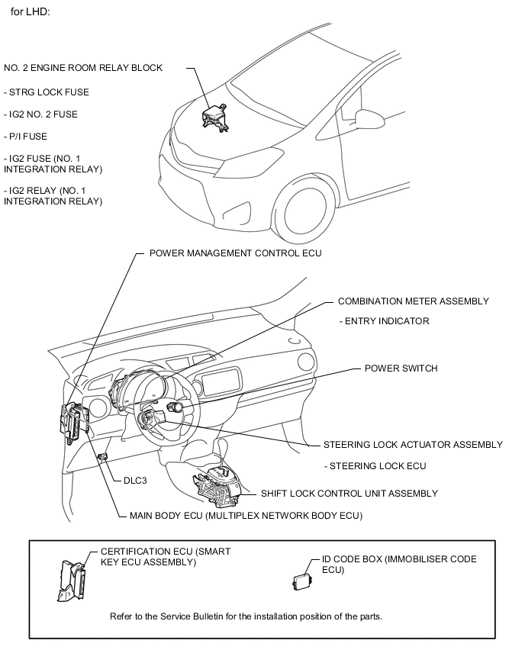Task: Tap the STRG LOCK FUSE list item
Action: pos(47,92)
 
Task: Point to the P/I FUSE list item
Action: pos(25,137)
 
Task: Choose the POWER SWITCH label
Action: pos(401,368)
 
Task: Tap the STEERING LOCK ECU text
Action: pos(375,465)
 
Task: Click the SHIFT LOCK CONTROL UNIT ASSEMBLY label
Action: pos(349,493)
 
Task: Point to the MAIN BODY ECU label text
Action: pos(240,516)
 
